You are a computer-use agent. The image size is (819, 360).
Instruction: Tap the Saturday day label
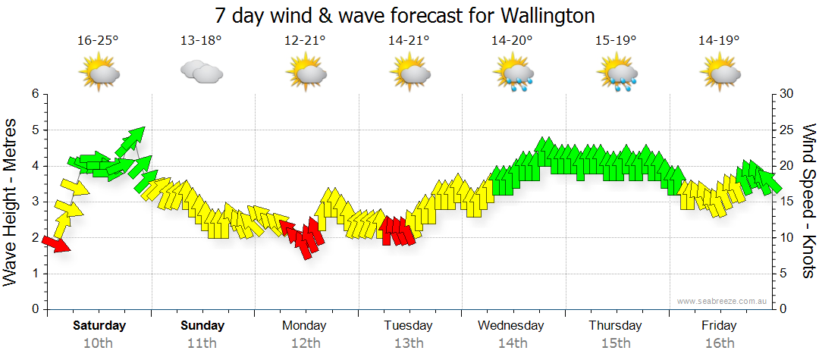[99, 326]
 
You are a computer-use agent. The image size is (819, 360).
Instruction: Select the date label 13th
[409, 343]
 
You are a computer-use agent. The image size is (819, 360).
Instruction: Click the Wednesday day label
[511, 326]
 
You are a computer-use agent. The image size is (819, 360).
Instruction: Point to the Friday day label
[718, 326]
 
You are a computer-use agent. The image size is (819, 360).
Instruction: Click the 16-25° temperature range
[99, 41]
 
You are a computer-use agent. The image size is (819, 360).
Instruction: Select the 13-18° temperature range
[201, 41]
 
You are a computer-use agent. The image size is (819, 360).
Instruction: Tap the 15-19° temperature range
[616, 41]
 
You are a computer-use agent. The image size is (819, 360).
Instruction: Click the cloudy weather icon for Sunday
[201, 72]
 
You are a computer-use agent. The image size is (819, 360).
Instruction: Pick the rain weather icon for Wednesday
[513, 74]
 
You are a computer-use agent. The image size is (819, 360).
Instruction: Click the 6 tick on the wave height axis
[34, 94]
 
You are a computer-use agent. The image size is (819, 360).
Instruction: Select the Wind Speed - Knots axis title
[808, 202]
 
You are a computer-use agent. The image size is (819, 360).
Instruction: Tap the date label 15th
[616, 343]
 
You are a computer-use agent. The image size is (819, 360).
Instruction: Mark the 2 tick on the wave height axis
[34, 238]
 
